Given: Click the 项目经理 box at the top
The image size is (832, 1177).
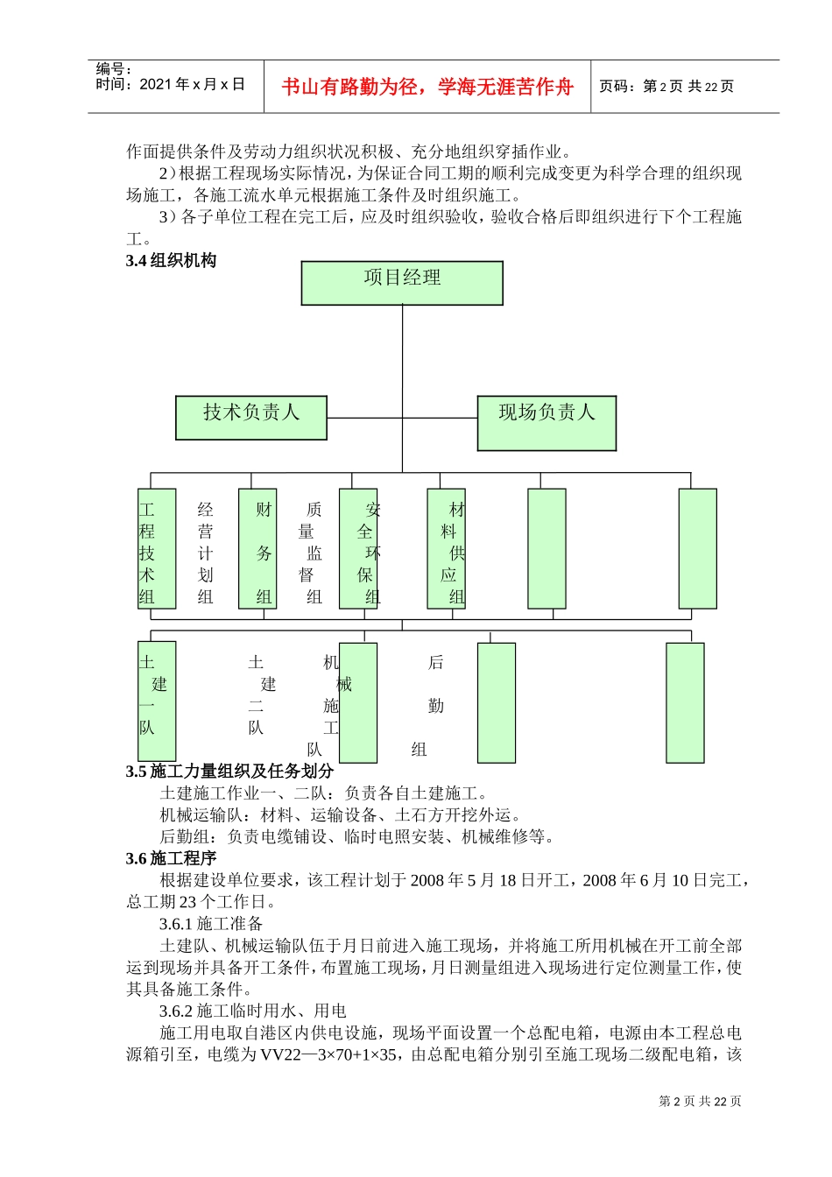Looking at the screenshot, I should pyautogui.click(x=402, y=282).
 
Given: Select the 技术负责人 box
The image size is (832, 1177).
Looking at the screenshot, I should pyautogui.click(x=251, y=417).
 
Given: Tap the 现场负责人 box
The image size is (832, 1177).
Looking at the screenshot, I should pyautogui.click(x=546, y=422).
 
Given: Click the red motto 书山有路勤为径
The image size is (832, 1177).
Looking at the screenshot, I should pyautogui.click(x=427, y=87).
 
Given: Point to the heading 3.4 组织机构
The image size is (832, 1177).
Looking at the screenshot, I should pyautogui.click(x=172, y=260).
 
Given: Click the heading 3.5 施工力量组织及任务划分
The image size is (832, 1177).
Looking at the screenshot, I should pyautogui.click(x=229, y=772).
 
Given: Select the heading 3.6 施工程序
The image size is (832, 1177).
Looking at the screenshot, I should pyautogui.click(x=172, y=858).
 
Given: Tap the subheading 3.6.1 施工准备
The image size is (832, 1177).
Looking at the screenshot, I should pyautogui.click(x=211, y=923).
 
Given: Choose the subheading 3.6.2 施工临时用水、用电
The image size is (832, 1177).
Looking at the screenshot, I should pyautogui.click(x=253, y=1011).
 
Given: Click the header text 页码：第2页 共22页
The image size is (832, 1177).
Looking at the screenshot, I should pyautogui.click(x=666, y=86).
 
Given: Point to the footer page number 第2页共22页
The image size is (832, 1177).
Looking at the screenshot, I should pyautogui.click(x=700, y=1101).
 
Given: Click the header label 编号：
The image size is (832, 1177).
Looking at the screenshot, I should pyautogui.click(x=114, y=69).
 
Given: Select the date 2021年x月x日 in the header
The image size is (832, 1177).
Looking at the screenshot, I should pyautogui.click(x=192, y=85).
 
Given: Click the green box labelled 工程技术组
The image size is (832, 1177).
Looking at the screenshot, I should pyautogui.click(x=157, y=548).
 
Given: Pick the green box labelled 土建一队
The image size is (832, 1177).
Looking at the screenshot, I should pyautogui.click(x=157, y=701).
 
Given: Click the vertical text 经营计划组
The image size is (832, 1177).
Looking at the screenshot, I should pyautogui.click(x=206, y=553).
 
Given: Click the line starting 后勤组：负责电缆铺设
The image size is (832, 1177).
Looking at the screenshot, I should pyautogui.click(x=357, y=836).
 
